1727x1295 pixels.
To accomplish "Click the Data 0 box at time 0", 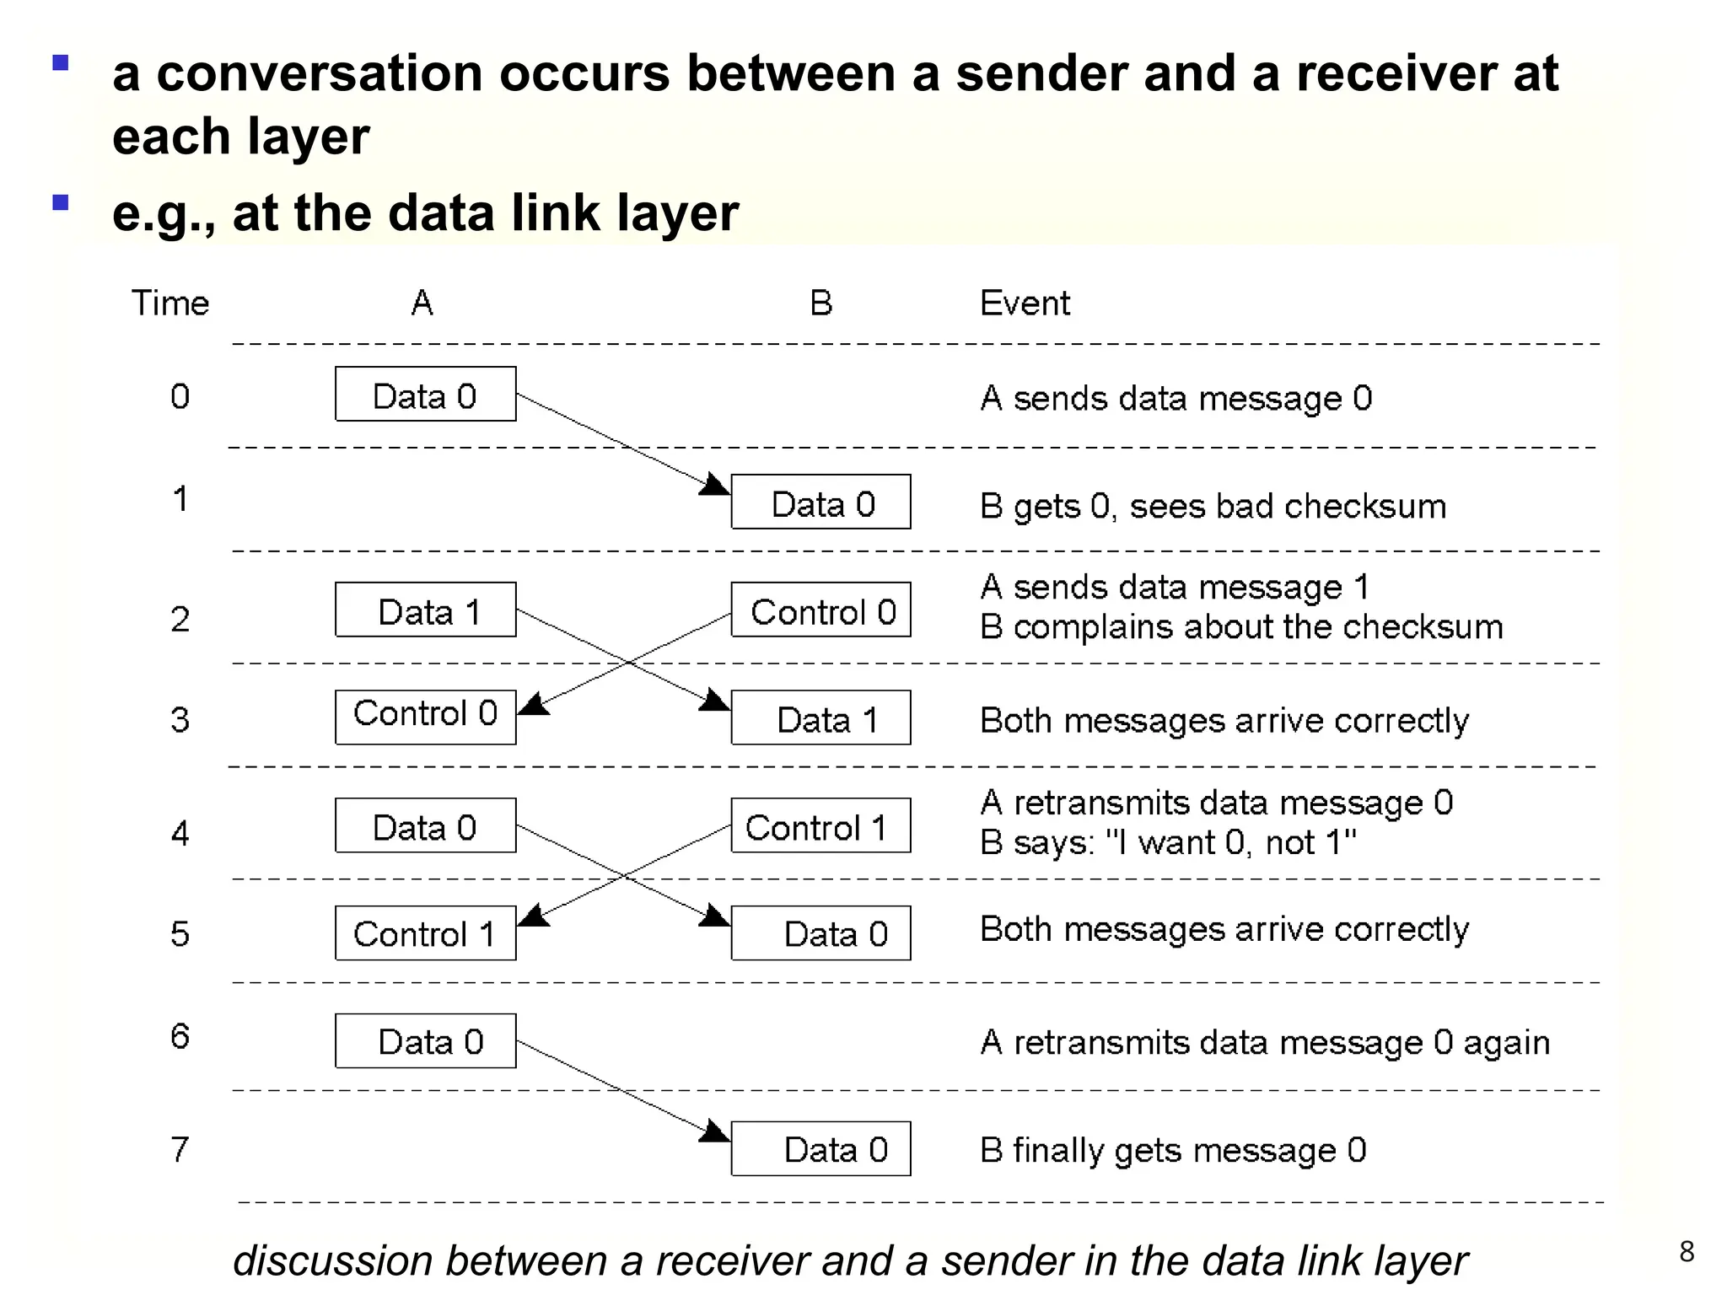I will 425,394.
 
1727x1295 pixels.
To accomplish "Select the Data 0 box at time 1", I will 820,502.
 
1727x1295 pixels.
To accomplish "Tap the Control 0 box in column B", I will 820,610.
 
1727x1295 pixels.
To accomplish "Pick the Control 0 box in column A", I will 425,717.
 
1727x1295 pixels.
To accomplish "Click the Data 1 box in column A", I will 425,610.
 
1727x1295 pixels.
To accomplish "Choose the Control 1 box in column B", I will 820,825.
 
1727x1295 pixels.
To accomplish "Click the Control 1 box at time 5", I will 425,933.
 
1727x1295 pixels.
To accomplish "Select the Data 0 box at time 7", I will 820,1148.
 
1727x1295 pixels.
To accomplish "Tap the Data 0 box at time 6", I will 425,1040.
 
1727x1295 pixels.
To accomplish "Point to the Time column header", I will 169,303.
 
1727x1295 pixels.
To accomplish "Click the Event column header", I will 1024,303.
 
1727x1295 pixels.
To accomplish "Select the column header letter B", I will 820,303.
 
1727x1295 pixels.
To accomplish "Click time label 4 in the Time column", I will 180,833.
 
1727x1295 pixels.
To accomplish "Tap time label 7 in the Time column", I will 180,1149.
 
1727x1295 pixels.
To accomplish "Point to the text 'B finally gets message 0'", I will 1172,1150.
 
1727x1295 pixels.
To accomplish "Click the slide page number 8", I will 1686,1251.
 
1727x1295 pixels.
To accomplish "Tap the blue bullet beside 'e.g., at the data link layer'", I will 60,202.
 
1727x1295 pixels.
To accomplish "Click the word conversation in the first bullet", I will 320,73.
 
